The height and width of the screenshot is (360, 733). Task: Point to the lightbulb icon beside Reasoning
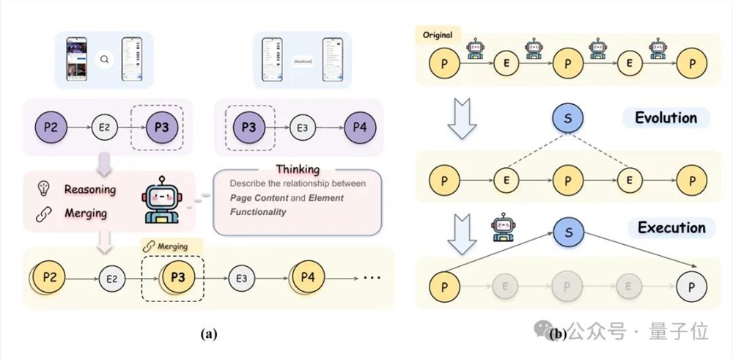coord(44,189)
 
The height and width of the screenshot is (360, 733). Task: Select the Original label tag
coord(437,34)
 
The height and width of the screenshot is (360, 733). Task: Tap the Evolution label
coord(666,118)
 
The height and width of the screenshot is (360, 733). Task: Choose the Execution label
coord(671,227)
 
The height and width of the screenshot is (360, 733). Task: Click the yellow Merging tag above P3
coord(169,246)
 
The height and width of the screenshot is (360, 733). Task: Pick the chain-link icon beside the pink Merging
coord(43,213)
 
